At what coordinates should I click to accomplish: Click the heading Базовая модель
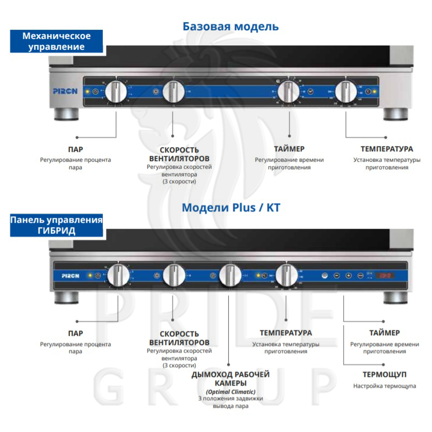[231, 26]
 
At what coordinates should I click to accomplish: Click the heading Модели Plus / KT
[231, 208]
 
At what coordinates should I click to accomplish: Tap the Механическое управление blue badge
[56, 42]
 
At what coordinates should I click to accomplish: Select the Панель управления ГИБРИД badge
[56, 225]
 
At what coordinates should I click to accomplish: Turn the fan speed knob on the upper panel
[174, 92]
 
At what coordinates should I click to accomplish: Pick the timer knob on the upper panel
[288, 92]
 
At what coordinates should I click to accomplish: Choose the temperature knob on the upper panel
[346, 92]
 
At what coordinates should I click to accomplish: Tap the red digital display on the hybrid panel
[385, 275]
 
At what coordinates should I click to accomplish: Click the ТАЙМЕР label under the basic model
[289, 149]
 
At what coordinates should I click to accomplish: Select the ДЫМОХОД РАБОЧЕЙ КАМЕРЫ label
[230, 378]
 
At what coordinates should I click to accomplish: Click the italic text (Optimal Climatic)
[230, 391]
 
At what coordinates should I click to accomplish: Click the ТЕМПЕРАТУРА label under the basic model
[387, 149]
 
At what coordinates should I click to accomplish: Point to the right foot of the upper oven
[395, 115]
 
